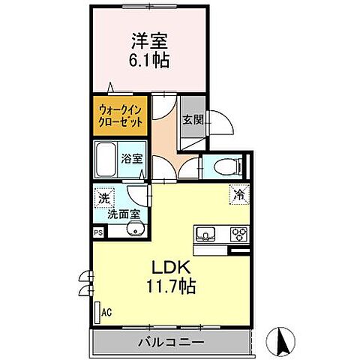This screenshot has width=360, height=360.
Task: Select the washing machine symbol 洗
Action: coord(103,199)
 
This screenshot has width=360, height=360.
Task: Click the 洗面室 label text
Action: coord(124,214)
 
